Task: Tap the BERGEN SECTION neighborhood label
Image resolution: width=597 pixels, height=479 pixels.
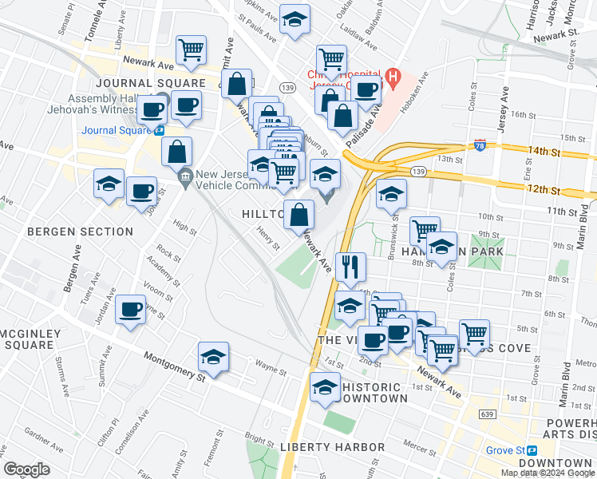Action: (x=80, y=232)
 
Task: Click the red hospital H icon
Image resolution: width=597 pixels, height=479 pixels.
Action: (x=391, y=77)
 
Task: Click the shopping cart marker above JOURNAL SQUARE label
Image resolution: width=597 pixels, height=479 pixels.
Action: (x=192, y=50)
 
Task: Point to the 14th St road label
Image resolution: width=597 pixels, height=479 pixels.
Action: (x=543, y=151)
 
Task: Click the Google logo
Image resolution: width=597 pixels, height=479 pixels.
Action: (x=27, y=469)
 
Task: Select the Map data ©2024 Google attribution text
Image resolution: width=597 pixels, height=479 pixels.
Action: (x=548, y=472)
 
